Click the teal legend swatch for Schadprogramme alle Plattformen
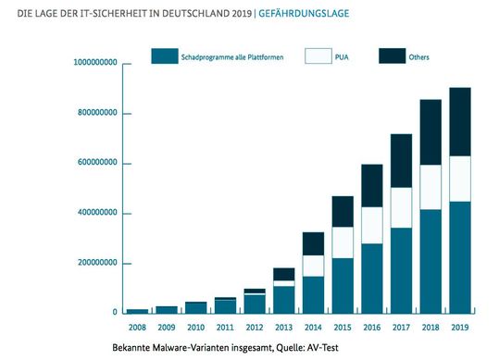(164, 57)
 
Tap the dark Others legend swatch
(392, 57)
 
